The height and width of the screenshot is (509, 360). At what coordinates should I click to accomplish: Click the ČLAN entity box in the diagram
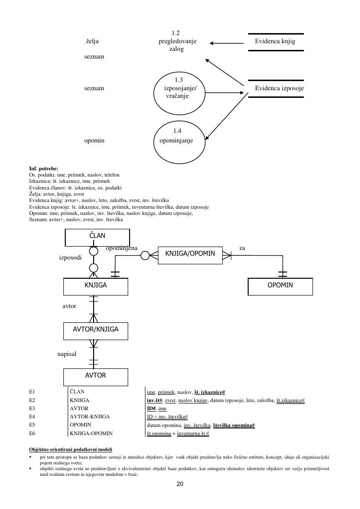(x=97, y=237)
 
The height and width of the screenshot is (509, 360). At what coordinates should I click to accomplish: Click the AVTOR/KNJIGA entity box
(x=96, y=330)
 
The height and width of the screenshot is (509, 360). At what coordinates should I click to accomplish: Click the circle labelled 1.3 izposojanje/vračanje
(x=177, y=89)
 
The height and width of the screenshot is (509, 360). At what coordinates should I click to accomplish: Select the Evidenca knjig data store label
(x=275, y=42)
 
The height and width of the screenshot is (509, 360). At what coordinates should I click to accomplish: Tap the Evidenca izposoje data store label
(x=279, y=88)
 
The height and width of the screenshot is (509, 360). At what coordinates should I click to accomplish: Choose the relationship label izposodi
(x=70, y=258)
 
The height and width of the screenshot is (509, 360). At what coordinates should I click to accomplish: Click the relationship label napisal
(x=67, y=354)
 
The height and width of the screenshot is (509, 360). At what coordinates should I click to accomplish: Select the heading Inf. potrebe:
(x=44, y=169)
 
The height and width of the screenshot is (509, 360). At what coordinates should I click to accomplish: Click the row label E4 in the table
(x=32, y=416)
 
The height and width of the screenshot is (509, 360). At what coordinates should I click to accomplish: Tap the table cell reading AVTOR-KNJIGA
(x=90, y=416)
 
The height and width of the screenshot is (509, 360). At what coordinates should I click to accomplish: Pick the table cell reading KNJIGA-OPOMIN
(x=91, y=433)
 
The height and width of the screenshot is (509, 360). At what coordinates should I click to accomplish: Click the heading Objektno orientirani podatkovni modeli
(x=71, y=449)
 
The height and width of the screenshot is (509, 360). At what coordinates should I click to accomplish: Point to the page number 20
(x=180, y=484)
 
